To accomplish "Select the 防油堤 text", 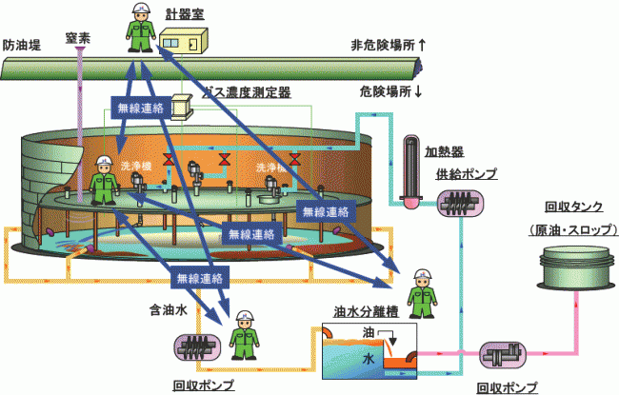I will click(21, 44).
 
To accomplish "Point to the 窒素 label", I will click(78, 39).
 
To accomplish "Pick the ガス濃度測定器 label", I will click(250, 91).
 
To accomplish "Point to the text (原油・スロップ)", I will click(571, 230).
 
